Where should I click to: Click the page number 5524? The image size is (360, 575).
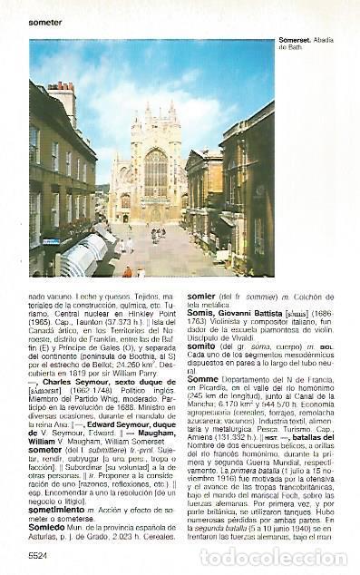point(38,554)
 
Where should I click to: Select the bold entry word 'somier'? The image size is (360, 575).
point(200,296)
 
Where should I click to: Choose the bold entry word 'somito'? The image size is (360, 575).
point(200,346)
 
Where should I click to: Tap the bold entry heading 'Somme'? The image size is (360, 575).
point(203,379)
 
